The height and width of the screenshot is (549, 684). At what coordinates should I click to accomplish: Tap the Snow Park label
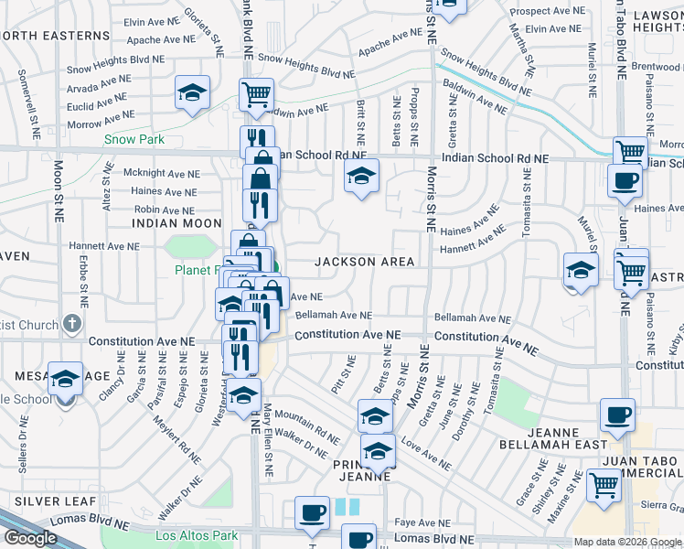tap(134, 140)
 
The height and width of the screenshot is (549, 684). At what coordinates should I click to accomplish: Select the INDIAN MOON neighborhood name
tap(176, 223)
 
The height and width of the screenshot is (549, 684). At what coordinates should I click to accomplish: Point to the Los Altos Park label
tap(197, 535)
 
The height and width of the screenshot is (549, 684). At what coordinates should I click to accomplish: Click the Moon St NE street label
tap(59, 192)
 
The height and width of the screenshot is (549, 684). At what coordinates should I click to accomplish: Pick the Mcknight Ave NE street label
tap(161, 172)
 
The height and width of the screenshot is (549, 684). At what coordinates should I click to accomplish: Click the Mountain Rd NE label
tap(307, 419)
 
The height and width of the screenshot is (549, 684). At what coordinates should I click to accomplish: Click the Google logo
tap(30, 537)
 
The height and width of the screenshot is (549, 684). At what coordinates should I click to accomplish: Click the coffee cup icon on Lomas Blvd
tap(312, 514)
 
